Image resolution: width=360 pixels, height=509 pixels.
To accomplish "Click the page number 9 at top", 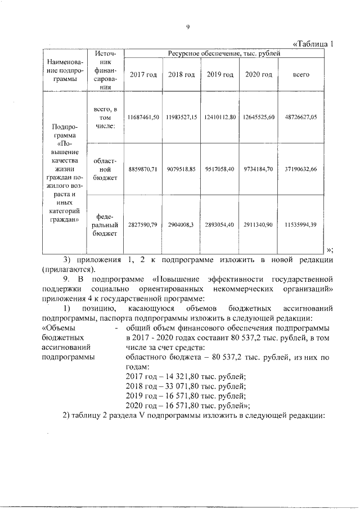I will [187, 27].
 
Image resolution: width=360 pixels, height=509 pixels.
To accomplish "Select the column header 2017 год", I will [143, 75].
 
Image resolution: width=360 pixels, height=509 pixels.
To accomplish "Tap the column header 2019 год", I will [220, 75].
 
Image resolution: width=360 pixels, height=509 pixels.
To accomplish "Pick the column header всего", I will [301, 75].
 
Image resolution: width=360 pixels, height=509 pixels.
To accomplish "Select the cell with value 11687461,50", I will [143, 117].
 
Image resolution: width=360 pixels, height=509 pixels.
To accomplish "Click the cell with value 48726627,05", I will [301, 117].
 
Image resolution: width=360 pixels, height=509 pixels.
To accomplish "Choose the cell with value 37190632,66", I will [301, 169].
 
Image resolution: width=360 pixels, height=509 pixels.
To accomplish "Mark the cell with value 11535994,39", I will [301, 224].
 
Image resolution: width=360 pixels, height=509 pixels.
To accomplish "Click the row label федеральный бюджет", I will [105, 224].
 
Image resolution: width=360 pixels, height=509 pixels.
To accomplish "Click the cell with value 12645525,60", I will [258, 117].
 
